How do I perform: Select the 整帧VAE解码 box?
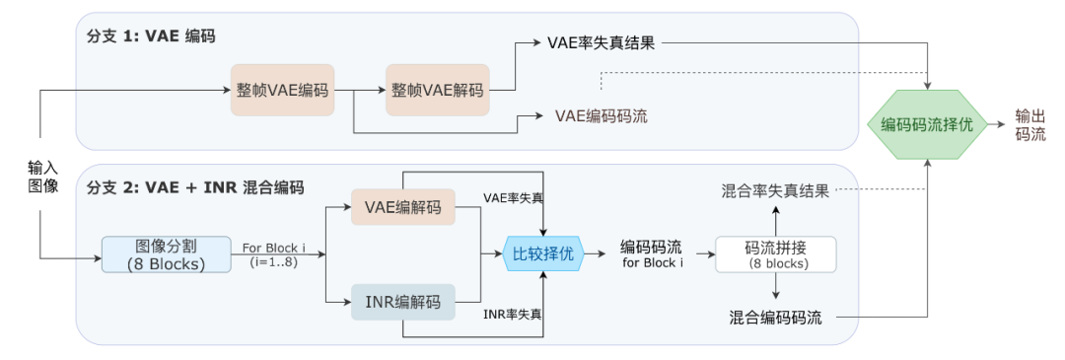[x=437, y=90]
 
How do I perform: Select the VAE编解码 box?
[x=402, y=207]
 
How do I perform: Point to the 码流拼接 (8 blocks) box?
[x=776, y=253]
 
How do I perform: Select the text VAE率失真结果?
[x=601, y=43]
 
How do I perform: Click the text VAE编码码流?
[x=602, y=115]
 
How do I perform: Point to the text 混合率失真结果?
[x=775, y=190]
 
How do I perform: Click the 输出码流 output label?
[x=1030, y=125]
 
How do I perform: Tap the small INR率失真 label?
[x=512, y=314]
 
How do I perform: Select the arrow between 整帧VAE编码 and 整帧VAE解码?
[x=358, y=90]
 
